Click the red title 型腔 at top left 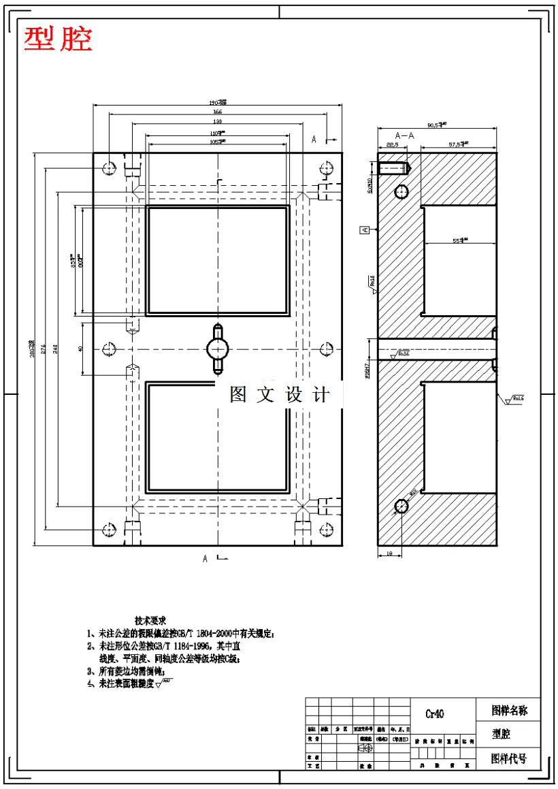click(x=58, y=39)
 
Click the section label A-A click(x=406, y=135)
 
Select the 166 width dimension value click(x=217, y=111)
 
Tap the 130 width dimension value click(x=217, y=121)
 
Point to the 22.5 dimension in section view click(x=392, y=145)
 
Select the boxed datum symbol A click(x=365, y=230)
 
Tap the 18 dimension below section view click(x=389, y=554)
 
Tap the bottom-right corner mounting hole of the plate click(x=325, y=529)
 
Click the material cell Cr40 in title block click(x=435, y=714)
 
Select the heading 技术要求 click(x=150, y=620)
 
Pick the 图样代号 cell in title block click(x=508, y=758)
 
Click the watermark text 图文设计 click(x=280, y=395)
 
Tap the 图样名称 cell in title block click(x=509, y=711)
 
